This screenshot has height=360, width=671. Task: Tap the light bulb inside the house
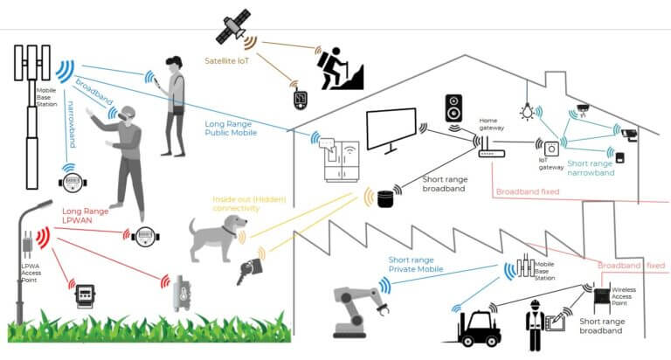pyautogui.click(x=526, y=112)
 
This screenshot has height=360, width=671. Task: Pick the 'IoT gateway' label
pyautogui.click(x=552, y=165)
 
